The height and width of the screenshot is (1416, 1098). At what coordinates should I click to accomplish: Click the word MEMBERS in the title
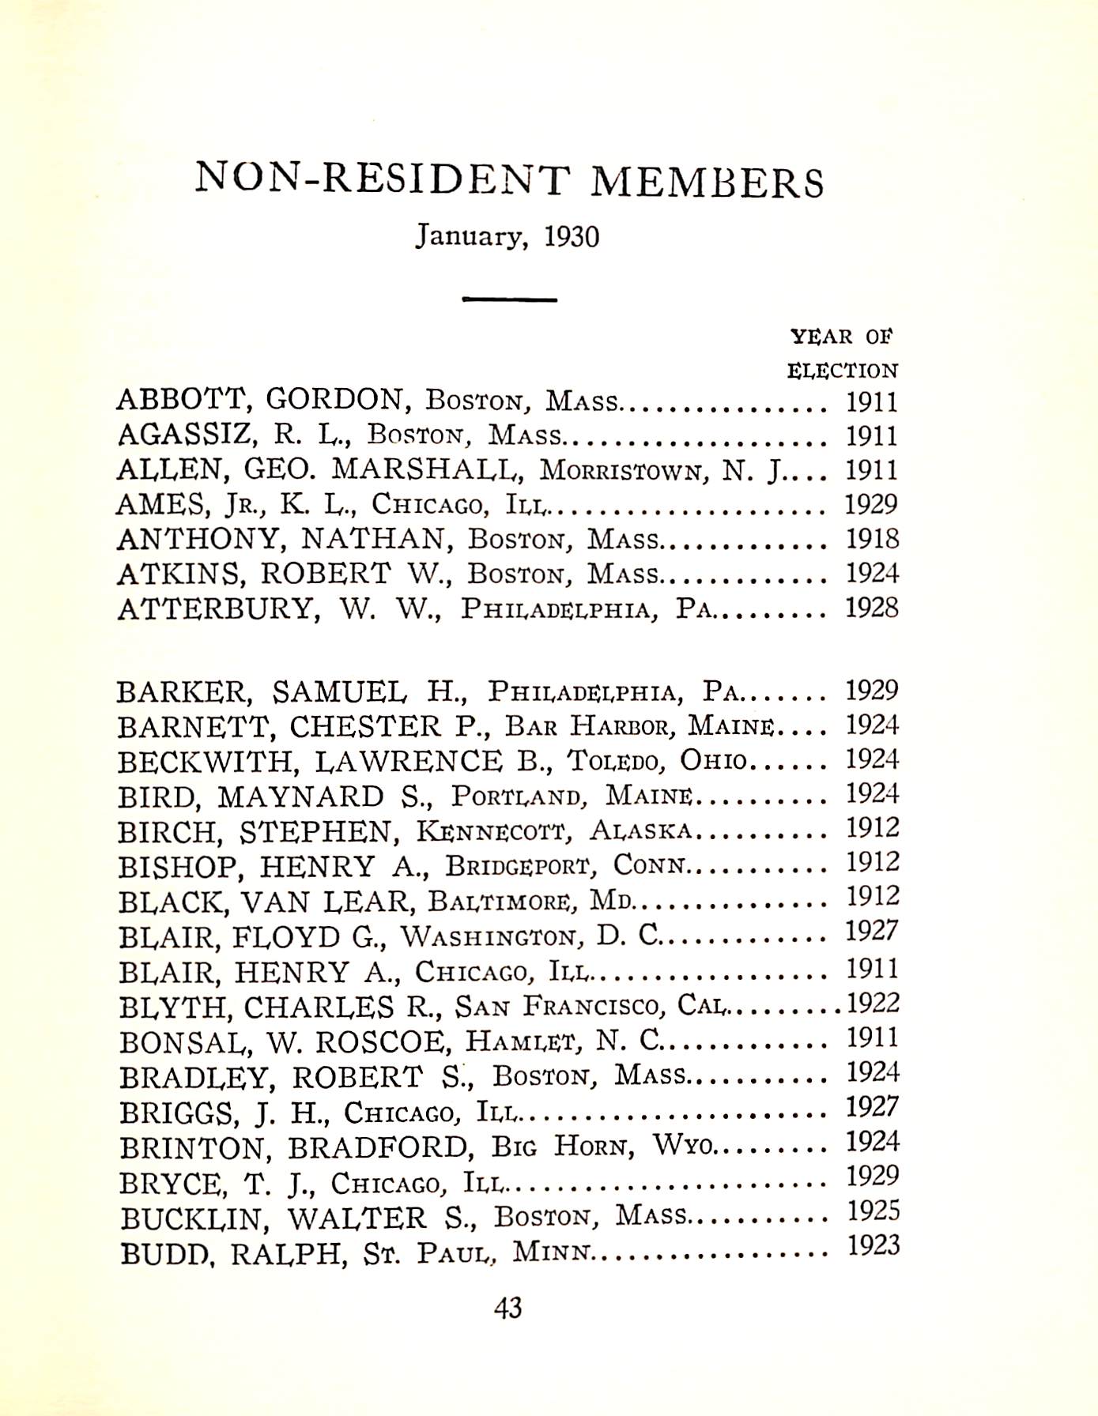(x=707, y=182)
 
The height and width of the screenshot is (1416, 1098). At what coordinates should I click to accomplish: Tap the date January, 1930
(x=507, y=235)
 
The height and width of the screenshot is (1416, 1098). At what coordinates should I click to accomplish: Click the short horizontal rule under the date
(x=509, y=299)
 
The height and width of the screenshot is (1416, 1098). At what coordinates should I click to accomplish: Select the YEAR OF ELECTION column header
(x=842, y=353)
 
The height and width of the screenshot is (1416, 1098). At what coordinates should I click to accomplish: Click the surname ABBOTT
(x=183, y=401)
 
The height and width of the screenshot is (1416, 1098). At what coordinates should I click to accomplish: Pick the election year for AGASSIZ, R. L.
(x=872, y=436)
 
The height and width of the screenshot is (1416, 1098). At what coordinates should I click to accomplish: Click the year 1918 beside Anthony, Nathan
(x=872, y=539)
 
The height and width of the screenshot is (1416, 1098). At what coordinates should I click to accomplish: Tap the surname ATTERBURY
(x=214, y=609)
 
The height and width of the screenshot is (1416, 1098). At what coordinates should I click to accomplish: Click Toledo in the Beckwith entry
(x=613, y=760)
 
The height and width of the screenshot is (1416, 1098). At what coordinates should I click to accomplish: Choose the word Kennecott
(x=492, y=830)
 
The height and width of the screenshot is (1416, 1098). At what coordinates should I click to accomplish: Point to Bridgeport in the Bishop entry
(x=518, y=866)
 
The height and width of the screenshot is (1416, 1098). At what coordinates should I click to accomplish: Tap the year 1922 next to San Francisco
(x=873, y=1004)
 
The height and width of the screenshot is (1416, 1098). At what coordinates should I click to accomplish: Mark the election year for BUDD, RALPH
(x=873, y=1246)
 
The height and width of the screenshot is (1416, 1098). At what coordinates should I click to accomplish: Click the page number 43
(x=508, y=1309)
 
